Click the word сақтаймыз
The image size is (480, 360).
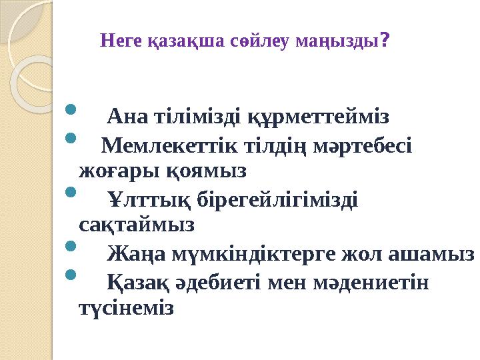coord(137,225)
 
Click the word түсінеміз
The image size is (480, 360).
coord(126,309)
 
